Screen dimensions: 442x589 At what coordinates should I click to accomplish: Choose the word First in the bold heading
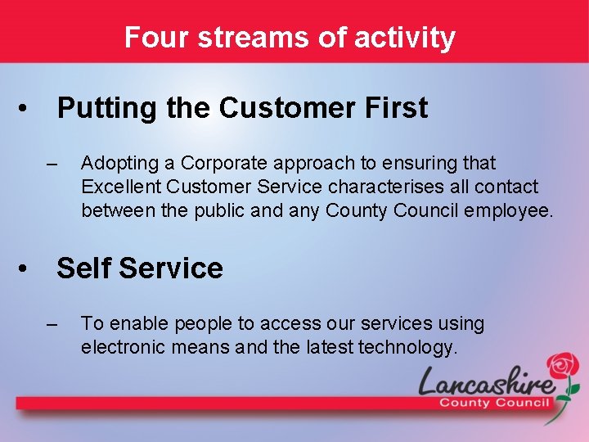pyautogui.click(x=395, y=108)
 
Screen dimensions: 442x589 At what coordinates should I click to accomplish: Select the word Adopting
pyautogui.click(x=116, y=164)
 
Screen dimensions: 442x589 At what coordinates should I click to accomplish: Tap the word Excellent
pyautogui.click(x=117, y=187)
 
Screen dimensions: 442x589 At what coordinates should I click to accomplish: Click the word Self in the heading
pyautogui.click(x=83, y=268)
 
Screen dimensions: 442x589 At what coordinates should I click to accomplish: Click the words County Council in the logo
pyautogui.click(x=494, y=403)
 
